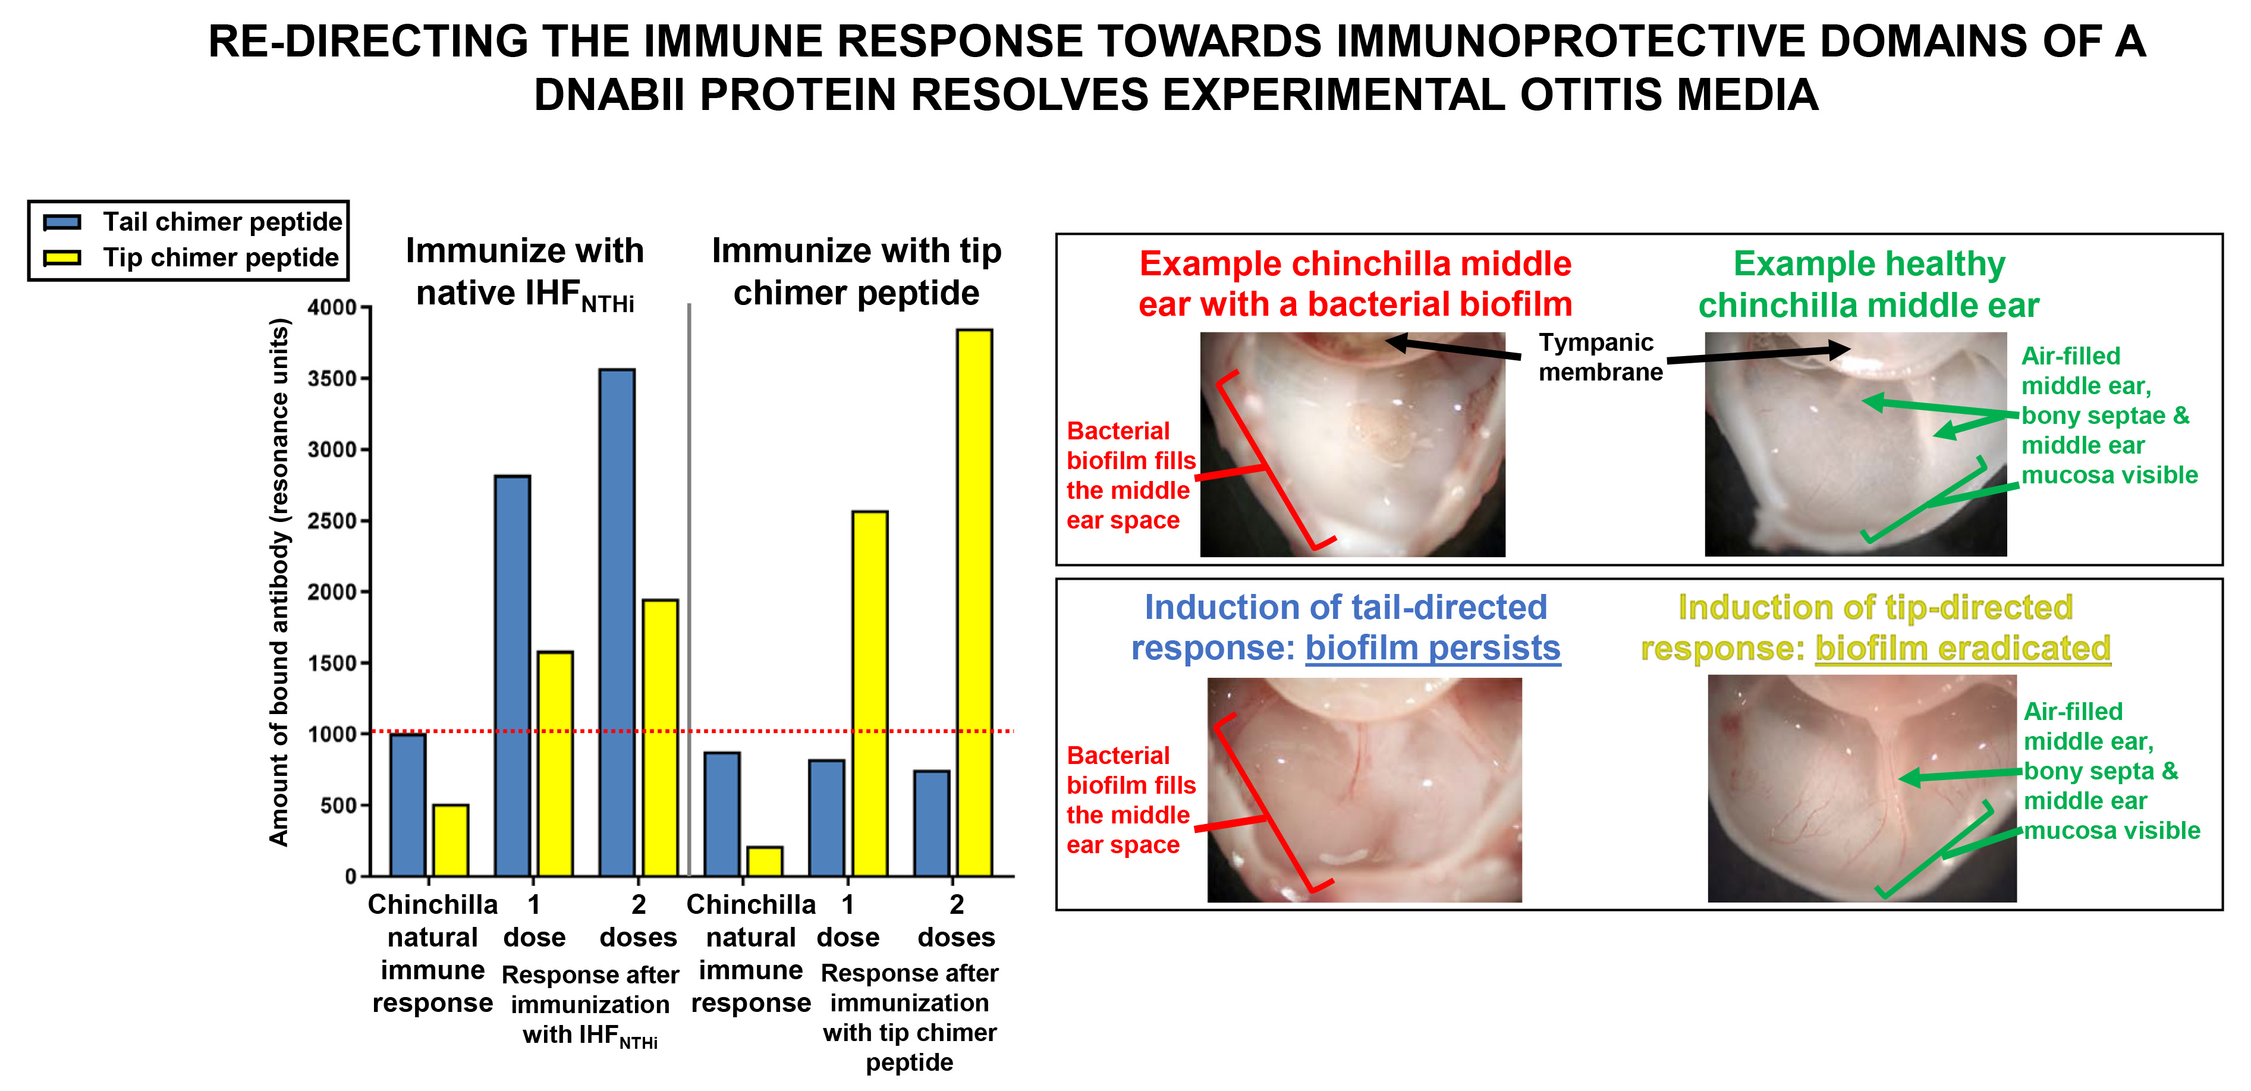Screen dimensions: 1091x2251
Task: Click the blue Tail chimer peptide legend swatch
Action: tap(62, 222)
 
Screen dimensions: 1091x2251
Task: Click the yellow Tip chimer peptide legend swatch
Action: tap(62, 257)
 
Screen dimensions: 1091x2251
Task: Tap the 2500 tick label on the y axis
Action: tap(331, 521)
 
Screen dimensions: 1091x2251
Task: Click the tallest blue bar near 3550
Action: tap(617, 622)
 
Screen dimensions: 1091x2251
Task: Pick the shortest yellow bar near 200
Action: tap(765, 862)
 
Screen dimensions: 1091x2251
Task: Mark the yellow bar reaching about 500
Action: tap(451, 840)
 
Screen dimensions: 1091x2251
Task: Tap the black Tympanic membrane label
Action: tap(1599, 357)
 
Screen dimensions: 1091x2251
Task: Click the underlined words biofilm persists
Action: tap(1432, 648)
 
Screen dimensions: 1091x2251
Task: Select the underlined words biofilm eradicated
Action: tap(1962, 648)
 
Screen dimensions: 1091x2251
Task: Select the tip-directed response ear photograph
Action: tap(1862, 789)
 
